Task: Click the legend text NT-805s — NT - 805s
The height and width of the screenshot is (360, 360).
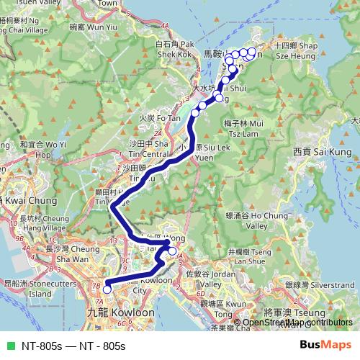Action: pyautogui.click(x=73, y=346)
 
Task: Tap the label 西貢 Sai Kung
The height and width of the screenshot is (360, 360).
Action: pyautogui.click(x=322, y=152)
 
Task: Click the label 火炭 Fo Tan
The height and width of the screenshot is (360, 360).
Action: pyautogui.click(x=150, y=117)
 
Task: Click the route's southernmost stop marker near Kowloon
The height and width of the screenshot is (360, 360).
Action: pyautogui.click(x=107, y=289)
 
